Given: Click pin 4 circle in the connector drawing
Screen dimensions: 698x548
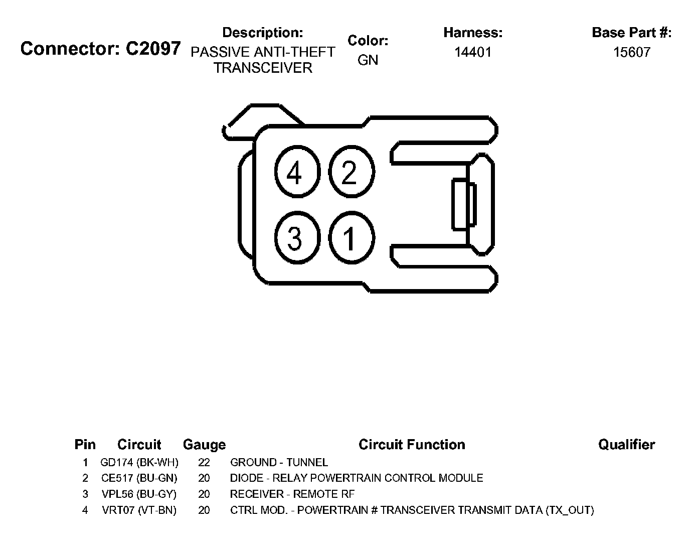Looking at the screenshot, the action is tap(297, 173).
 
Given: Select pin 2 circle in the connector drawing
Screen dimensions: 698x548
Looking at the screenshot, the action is tap(351, 172).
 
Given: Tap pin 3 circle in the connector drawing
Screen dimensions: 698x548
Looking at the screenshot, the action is tap(297, 238).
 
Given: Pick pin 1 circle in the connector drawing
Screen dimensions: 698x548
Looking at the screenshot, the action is tap(351, 238).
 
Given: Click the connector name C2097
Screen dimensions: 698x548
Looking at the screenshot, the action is tap(152, 48).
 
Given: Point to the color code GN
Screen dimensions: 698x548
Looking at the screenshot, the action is tap(368, 60).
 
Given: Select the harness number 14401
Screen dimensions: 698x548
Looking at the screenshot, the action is tap(472, 52).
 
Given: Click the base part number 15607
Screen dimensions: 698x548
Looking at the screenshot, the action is tap(631, 52).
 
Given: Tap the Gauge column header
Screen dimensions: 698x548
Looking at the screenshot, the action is tap(204, 445).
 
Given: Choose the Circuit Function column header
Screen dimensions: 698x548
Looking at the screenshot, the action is tap(412, 445).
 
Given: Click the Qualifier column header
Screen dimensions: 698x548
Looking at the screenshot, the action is tap(626, 445).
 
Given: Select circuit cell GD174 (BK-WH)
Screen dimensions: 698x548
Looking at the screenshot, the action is tap(139, 463).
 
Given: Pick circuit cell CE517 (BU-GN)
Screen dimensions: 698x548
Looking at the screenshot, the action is tap(139, 478).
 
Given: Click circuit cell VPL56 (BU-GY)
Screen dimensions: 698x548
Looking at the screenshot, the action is tap(139, 494).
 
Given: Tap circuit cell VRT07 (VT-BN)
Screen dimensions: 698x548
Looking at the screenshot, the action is tap(139, 510).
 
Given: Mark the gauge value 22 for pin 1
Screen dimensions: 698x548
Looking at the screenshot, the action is tap(204, 463).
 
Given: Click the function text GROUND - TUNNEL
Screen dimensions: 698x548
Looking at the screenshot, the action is tap(279, 463).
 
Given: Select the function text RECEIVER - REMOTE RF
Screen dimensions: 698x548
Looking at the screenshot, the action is tap(292, 494).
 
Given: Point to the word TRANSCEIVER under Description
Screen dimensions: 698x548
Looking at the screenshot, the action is tap(263, 68).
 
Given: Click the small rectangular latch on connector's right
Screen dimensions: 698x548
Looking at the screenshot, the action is tap(463, 205).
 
